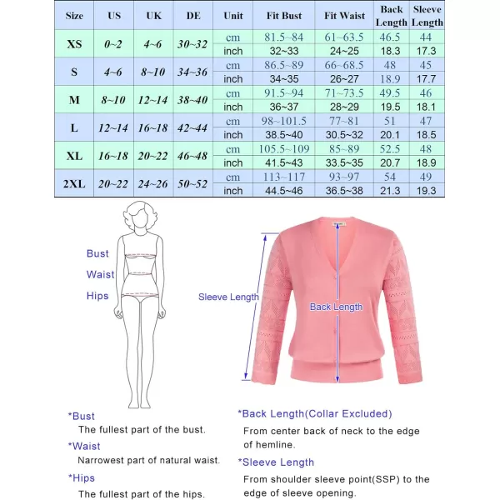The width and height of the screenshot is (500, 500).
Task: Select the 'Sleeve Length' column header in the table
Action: (427, 16)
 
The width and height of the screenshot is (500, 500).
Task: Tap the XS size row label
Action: (74, 44)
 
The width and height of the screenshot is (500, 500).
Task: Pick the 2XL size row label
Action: (74, 184)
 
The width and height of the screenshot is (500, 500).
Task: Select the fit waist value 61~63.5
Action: (344, 37)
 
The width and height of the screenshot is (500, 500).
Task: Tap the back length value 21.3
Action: (391, 191)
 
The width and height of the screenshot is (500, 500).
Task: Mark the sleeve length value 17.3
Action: (427, 51)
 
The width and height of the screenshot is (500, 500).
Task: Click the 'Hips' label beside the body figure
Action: (97, 296)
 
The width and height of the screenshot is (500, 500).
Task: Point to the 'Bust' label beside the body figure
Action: (97, 253)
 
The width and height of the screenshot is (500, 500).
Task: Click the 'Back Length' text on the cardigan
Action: (336, 307)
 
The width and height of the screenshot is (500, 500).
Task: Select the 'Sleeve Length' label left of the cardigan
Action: (228, 297)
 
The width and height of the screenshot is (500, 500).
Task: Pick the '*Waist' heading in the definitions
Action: (84, 446)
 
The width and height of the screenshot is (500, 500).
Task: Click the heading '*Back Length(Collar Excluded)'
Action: (314, 413)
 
